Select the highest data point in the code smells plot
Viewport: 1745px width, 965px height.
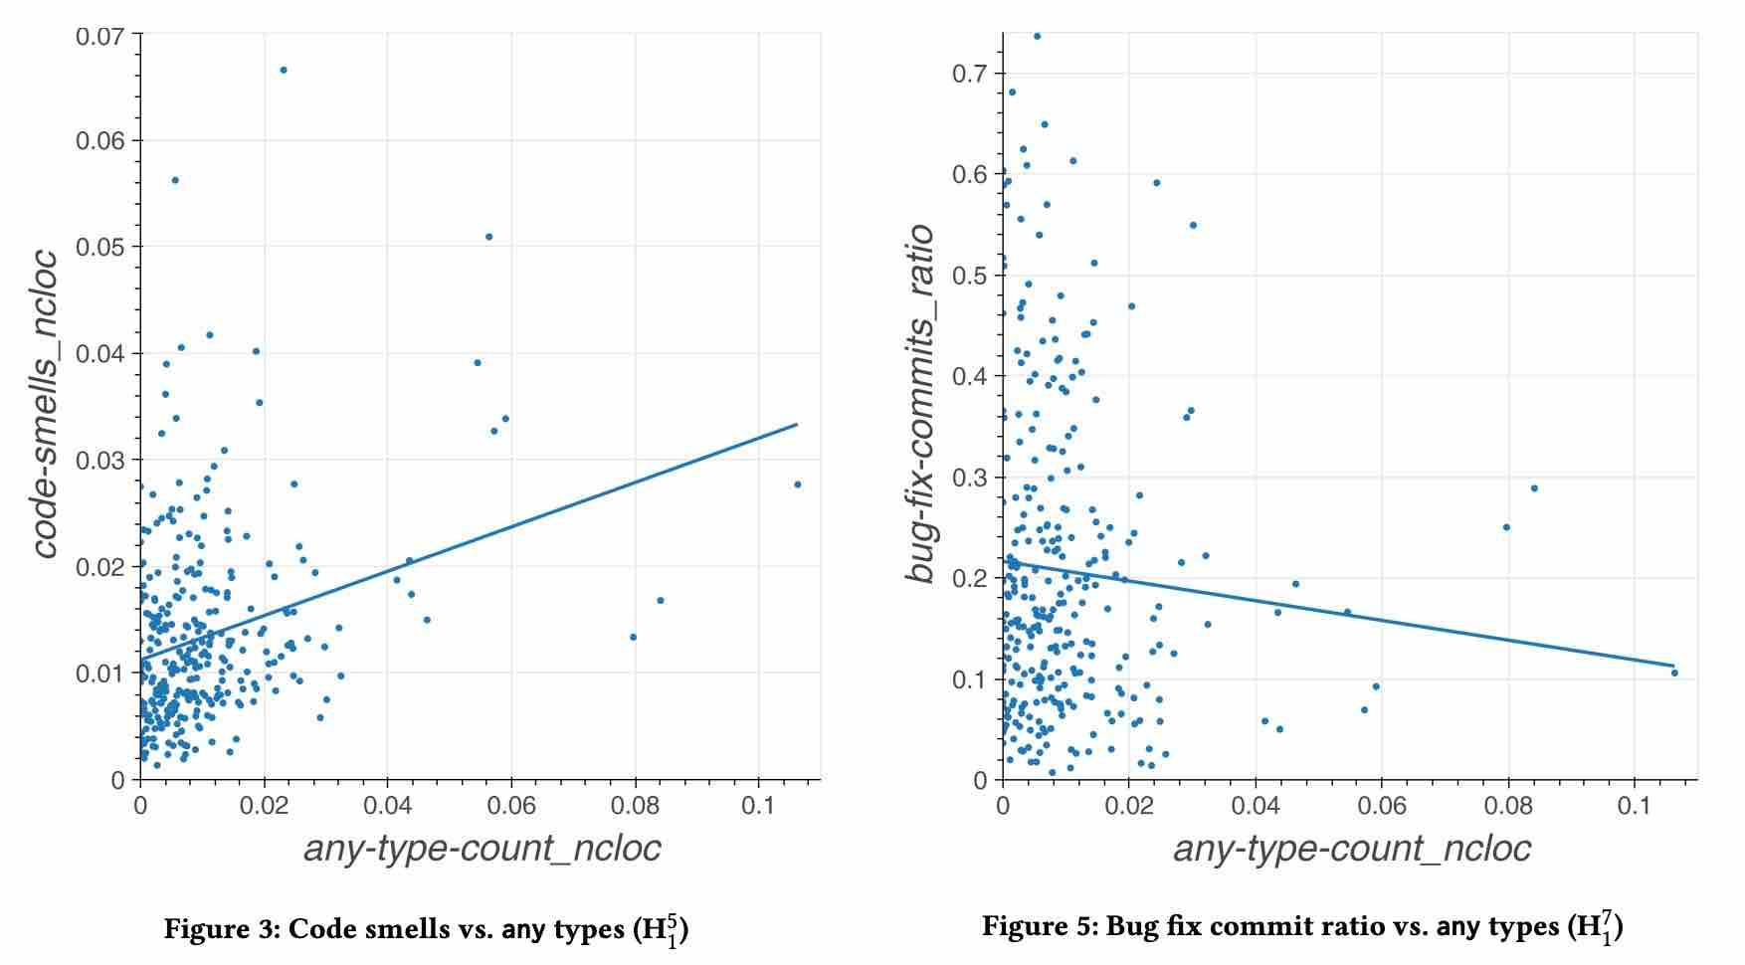(x=284, y=70)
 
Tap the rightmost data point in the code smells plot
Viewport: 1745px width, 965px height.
(x=797, y=484)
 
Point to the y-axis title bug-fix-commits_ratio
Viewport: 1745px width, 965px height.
(x=920, y=403)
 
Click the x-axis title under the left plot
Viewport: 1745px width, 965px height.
(x=482, y=849)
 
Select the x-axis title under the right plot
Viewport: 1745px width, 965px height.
(x=1351, y=849)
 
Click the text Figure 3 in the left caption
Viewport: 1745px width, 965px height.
(x=224, y=930)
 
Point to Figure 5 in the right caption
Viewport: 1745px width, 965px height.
(x=1042, y=927)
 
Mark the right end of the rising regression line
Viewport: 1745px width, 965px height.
(x=797, y=425)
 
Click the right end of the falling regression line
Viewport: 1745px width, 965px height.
(x=1674, y=666)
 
